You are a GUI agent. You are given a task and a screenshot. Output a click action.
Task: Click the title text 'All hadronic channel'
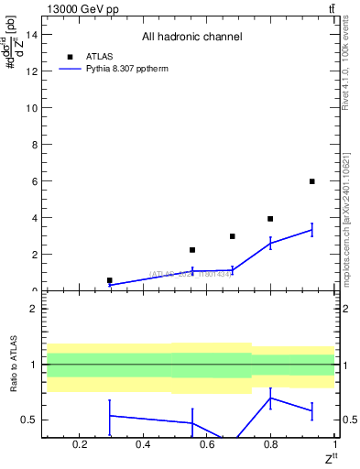(x=191, y=38)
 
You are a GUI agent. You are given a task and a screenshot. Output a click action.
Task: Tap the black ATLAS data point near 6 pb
(x=312, y=181)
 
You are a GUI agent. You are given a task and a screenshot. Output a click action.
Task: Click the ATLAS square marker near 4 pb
(x=270, y=219)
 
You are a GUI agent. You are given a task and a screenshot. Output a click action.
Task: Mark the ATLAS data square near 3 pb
(x=233, y=236)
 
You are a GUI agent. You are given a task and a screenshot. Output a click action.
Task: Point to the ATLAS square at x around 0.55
(x=192, y=250)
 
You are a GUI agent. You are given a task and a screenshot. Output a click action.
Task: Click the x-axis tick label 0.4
(x=143, y=445)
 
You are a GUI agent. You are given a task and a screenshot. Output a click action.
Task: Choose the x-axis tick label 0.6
(x=207, y=445)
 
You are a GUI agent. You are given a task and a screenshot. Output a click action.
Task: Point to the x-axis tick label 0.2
(x=80, y=445)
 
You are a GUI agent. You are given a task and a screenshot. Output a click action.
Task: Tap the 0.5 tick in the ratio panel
(x=28, y=420)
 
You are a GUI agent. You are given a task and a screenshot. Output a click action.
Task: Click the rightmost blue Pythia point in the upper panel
(x=312, y=230)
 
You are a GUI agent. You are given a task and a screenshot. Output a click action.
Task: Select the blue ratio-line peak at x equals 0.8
(x=270, y=398)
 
